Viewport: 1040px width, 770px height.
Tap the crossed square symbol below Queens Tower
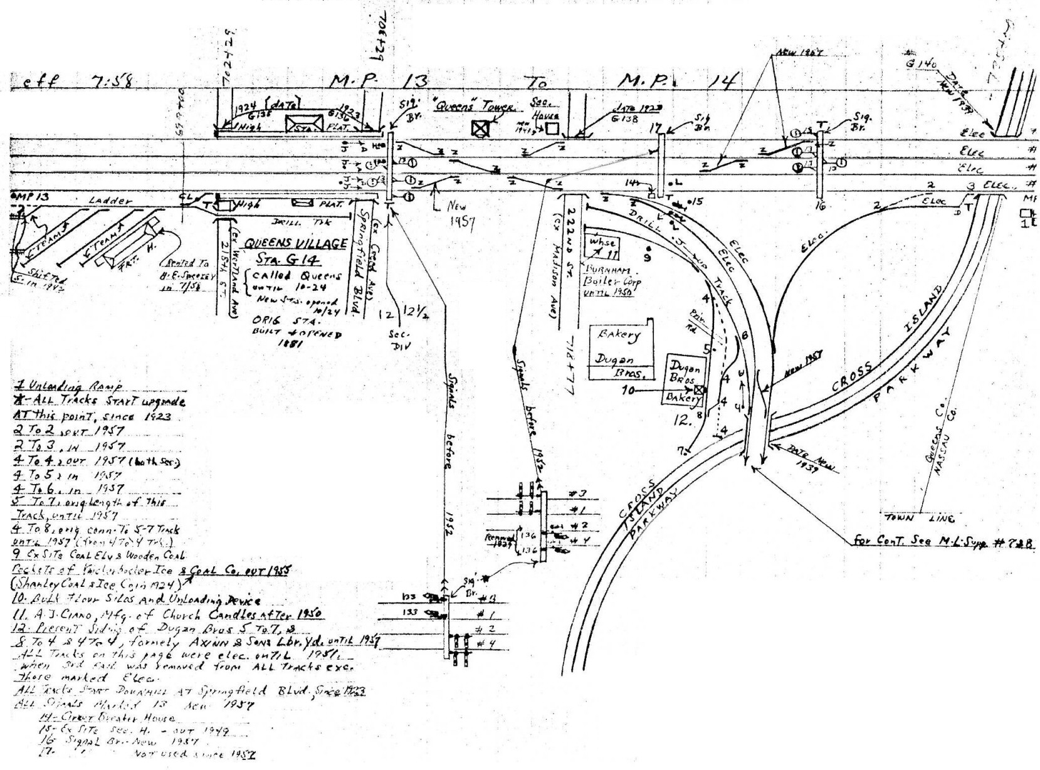pyautogui.click(x=480, y=129)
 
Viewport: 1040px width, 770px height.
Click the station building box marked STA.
pyautogui.click(x=303, y=125)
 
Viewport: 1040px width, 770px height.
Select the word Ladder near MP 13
pyautogui.click(x=112, y=201)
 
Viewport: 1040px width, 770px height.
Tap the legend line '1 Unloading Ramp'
pyautogui.click(x=68, y=386)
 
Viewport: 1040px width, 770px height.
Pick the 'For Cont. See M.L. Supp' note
pyautogui.click(x=943, y=541)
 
